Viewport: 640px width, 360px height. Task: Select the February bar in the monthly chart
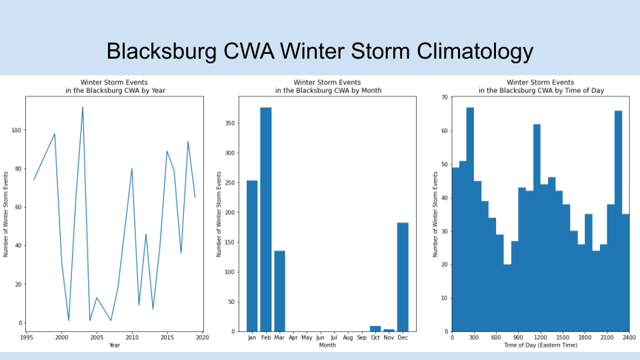tap(265, 219)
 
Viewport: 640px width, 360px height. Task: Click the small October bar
tap(375, 329)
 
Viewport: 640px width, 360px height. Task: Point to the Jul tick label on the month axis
tap(334, 338)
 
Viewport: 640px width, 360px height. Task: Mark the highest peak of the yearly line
tap(83, 107)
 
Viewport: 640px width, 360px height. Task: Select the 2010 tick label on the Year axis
tap(132, 338)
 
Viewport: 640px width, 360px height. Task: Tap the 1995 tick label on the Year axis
tap(26, 338)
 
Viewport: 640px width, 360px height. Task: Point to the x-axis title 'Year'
tap(114, 345)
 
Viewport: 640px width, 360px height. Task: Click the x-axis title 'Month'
tap(327, 345)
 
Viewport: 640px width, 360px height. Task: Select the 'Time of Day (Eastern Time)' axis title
tap(541, 345)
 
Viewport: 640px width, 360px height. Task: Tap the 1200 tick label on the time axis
tap(541, 338)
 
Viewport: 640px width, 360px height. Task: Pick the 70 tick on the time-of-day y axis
tap(443, 97)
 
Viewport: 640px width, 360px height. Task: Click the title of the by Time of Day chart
tap(541, 86)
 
